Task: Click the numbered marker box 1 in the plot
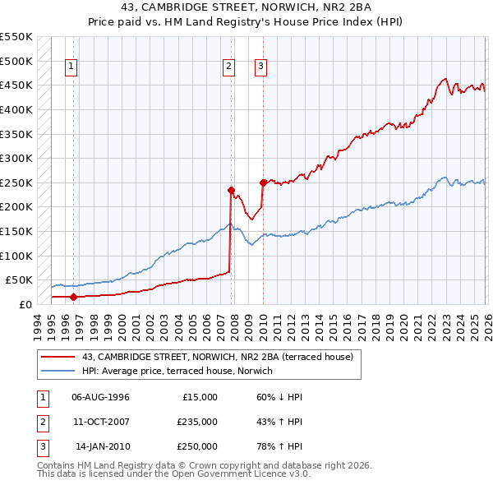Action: point(72,67)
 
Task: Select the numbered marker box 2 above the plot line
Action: point(228,67)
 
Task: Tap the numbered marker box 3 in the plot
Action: point(260,67)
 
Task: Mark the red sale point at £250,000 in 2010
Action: point(263,182)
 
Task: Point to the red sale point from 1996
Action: point(73,297)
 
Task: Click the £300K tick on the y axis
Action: point(16,158)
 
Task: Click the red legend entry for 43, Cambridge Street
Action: point(217,357)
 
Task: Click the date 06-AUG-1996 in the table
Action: point(101,397)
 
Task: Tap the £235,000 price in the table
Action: point(197,423)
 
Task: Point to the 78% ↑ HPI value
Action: point(279,447)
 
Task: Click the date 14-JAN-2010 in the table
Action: point(103,447)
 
